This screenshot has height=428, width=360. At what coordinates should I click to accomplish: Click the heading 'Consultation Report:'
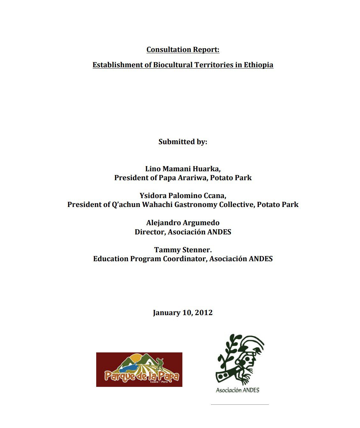click(183, 50)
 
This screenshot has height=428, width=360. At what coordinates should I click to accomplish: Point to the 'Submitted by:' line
click(183, 142)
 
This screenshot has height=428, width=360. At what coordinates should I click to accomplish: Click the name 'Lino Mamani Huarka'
click(183, 169)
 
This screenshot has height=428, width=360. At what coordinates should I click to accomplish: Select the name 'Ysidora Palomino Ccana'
click(183, 196)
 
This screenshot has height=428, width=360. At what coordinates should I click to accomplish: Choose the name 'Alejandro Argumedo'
click(183, 223)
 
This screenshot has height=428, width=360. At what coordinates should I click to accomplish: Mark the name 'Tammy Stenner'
click(183, 250)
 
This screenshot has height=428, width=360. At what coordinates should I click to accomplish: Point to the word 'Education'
click(110, 259)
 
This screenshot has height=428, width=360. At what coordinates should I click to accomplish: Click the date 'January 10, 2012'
click(183, 313)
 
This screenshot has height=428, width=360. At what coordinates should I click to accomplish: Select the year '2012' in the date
click(204, 313)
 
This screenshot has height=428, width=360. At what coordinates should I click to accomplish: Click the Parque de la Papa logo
click(139, 370)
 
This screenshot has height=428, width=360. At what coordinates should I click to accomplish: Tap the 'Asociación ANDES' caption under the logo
click(238, 390)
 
